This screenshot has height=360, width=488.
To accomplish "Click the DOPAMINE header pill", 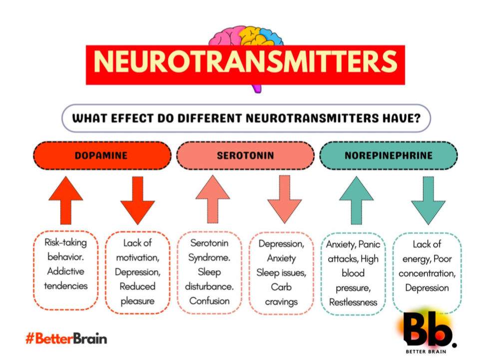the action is [x=102, y=155].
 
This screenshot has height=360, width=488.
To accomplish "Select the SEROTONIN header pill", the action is [x=245, y=155].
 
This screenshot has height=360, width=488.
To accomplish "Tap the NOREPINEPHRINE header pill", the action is [x=389, y=155].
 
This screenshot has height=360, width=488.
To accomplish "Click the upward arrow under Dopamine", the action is [x=65, y=200].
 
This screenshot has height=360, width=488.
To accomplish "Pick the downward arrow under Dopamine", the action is [x=137, y=200].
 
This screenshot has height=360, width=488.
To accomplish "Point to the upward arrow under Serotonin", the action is [x=213, y=199].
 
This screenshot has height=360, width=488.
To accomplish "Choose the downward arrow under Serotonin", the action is [x=285, y=199].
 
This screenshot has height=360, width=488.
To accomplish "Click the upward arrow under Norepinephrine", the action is [x=356, y=200].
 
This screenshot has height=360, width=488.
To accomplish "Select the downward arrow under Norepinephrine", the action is [x=428, y=200].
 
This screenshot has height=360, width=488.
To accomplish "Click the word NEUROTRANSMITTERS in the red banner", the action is [x=245, y=61].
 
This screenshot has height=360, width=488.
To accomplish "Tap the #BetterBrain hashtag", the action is [x=66, y=338].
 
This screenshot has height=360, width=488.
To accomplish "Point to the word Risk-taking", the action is [x=65, y=242].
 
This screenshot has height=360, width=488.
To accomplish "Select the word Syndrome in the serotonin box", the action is [x=209, y=258].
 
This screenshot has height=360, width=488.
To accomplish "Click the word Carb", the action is [x=281, y=287].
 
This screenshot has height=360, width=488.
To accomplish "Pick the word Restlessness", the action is [x=353, y=302].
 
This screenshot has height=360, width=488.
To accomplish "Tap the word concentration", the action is [x=427, y=274].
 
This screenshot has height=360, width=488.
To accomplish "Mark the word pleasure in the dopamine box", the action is [x=137, y=301].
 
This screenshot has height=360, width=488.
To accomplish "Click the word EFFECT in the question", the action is [x=132, y=118].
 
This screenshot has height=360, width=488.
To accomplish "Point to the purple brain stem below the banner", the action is [x=257, y=89].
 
